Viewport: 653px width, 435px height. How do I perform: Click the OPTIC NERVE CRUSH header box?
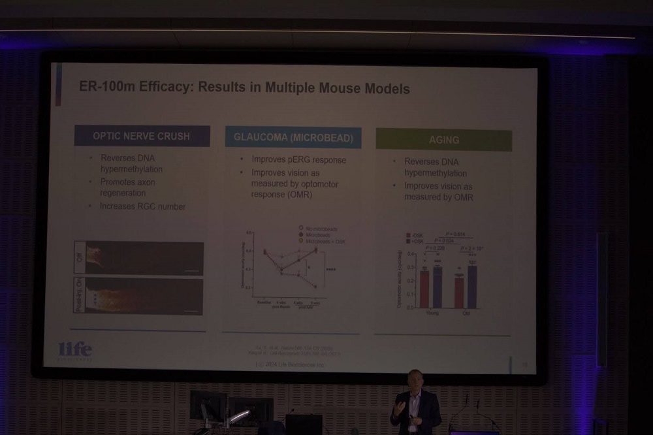click(x=142, y=137)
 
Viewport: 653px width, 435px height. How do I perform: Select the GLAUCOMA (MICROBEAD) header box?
click(x=293, y=138)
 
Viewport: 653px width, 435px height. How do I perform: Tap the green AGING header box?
click(x=443, y=140)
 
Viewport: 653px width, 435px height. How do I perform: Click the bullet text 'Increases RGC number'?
click(x=142, y=206)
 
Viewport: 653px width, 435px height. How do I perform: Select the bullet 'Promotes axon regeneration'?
click(x=127, y=187)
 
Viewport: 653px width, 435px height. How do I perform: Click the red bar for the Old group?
click(x=459, y=292)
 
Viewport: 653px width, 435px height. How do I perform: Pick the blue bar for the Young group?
click(x=437, y=287)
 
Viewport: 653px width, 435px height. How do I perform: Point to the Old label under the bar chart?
click(x=466, y=312)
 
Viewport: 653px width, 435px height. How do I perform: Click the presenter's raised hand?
click(x=398, y=406)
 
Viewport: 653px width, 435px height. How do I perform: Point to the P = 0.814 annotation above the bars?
click(x=454, y=234)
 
